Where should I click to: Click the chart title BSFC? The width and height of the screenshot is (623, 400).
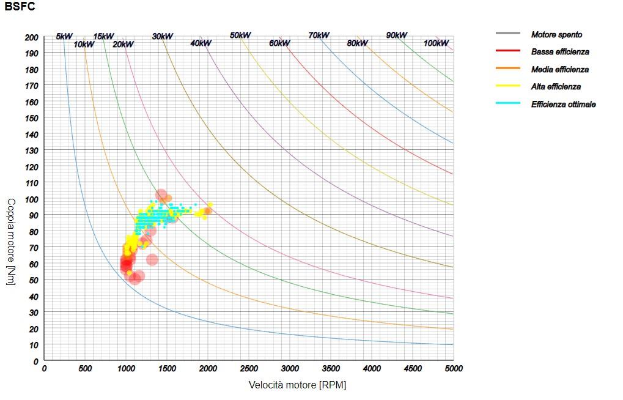[x=20, y=7]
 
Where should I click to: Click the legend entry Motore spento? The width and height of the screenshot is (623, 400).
[x=556, y=35]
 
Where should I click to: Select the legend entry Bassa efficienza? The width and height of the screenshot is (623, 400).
[x=560, y=52]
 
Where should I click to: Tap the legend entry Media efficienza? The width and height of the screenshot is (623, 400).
[x=560, y=70]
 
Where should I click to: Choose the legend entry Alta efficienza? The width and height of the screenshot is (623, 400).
[x=556, y=87]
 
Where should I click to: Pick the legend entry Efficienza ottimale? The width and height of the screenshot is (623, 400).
[x=563, y=105]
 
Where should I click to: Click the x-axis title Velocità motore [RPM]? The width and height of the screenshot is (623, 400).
[x=297, y=385]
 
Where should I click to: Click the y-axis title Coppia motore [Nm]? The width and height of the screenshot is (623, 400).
[x=11, y=241]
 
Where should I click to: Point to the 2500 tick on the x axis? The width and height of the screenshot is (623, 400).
[x=249, y=369]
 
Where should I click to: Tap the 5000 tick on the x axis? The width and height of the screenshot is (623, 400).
[x=453, y=369]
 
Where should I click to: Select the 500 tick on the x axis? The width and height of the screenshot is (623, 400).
[x=85, y=369]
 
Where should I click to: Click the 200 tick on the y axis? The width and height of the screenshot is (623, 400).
[x=32, y=37]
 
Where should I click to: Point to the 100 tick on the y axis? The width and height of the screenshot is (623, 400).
[x=32, y=199]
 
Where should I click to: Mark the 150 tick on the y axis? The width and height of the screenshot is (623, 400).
[x=32, y=118]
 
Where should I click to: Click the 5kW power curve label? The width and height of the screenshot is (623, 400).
[x=64, y=36]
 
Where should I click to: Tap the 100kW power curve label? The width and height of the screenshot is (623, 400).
[x=436, y=43]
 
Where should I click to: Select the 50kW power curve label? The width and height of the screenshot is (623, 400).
[x=240, y=35]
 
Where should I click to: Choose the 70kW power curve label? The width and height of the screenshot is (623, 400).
[x=319, y=35]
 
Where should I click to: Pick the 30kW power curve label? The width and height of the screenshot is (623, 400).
[x=162, y=37]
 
